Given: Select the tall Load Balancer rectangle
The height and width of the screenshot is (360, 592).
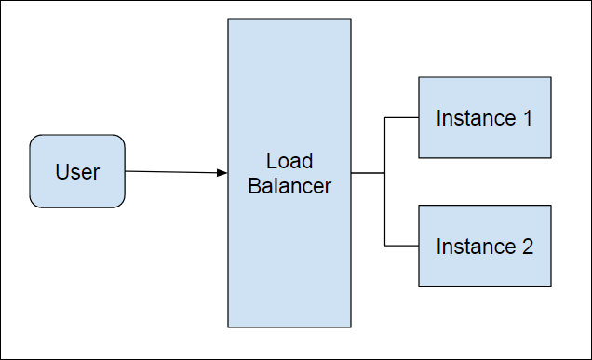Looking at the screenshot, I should point(289,260).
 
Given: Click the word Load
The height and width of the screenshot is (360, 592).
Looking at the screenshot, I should point(289,161).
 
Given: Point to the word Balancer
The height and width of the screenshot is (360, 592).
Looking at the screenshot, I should point(289,186).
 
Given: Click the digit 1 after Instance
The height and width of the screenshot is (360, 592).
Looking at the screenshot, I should point(528,118).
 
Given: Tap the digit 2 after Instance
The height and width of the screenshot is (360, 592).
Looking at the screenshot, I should point(528,247).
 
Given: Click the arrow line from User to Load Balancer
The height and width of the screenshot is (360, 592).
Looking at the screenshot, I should point(172,172).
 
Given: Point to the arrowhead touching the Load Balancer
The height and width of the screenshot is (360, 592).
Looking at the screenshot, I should point(222,173).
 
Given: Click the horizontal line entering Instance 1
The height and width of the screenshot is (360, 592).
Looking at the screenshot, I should point(402,117).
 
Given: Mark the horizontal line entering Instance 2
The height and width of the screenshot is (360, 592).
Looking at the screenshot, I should point(402,246).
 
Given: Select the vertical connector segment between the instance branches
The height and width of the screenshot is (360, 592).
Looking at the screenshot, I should point(385,209).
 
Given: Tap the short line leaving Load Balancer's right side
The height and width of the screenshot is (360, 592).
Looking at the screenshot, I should point(368,173).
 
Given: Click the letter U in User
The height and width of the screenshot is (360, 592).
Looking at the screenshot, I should point(61,172).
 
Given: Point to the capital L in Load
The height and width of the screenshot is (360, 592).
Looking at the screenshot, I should point(271,161).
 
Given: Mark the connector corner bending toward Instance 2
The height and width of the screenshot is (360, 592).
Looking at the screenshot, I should point(385,246).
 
